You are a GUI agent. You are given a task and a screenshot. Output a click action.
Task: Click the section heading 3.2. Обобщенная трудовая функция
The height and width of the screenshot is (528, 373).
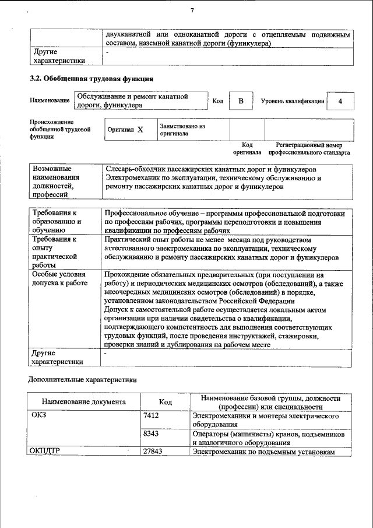(92, 78)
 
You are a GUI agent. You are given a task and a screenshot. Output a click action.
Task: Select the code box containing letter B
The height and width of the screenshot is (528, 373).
(240, 101)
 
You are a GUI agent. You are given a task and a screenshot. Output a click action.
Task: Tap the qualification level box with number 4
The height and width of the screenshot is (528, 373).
(340, 101)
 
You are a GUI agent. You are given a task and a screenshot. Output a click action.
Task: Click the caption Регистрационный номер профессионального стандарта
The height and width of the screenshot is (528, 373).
(309, 149)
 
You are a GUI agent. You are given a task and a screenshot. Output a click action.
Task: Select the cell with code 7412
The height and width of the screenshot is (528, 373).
(151, 416)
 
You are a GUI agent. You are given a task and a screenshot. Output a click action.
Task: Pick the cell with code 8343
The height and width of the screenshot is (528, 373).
(151, 434)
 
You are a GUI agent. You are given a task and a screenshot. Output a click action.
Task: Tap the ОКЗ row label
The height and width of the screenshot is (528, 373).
(40, 416)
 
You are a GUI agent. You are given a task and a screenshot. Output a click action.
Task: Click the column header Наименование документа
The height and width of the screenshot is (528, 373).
(83, 402)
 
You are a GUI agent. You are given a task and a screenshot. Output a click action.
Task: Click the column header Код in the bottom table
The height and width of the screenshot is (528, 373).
(165, 402)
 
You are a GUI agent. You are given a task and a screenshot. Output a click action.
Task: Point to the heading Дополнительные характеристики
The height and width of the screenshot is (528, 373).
(83, 380)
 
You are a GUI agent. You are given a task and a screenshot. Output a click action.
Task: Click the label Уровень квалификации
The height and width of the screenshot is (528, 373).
(292, 101)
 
